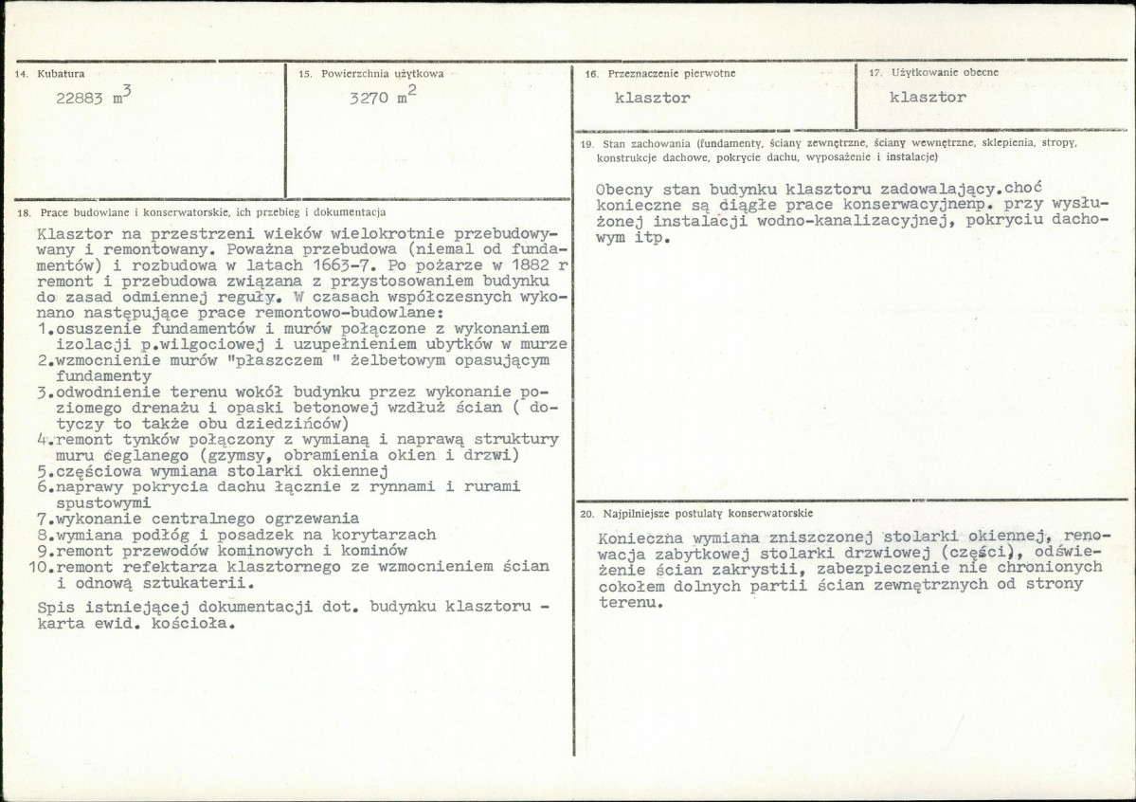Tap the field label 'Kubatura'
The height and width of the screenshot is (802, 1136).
click(x=61, y=73)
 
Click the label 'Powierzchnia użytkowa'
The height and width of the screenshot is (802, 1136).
click(x=382, y=73)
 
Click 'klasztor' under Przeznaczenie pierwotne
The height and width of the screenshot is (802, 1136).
click(x=652, y=98)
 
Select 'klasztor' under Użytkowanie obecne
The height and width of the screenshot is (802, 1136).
click(x=929, y=98)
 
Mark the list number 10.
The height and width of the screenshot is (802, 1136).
click(x=39, y=567)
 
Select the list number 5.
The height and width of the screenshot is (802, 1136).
click(x=43, y=470)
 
